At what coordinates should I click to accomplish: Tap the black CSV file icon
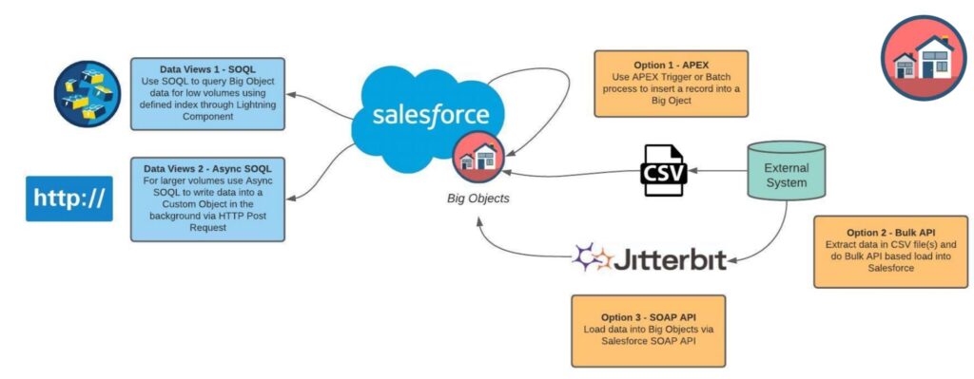[x=665, y=172]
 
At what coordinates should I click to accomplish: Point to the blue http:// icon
[x=69, y=199]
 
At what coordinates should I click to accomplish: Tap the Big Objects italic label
[x=477, y=199]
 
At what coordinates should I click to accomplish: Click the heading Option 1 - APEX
[x=670, y=66]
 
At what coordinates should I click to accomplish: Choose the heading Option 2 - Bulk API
[x=889, y=231]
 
